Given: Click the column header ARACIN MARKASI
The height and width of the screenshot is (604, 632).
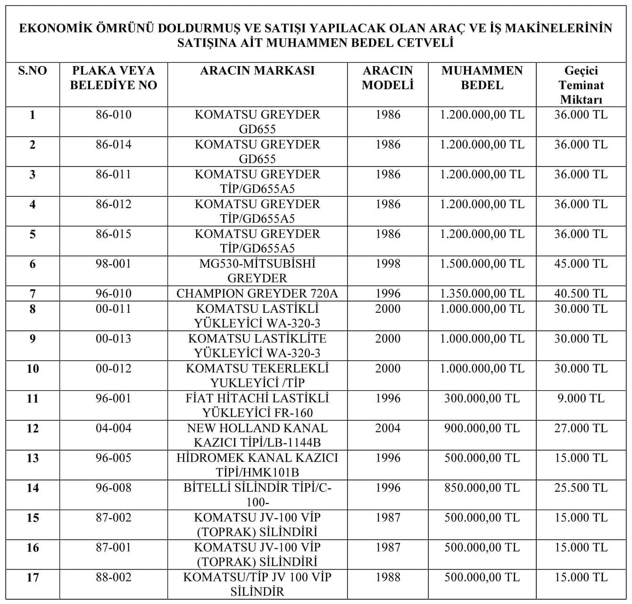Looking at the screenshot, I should [257, 71].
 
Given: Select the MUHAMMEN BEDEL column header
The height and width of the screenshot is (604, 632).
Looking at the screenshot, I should [482, 78].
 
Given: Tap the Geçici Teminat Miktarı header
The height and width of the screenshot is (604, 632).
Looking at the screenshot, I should [581, 85].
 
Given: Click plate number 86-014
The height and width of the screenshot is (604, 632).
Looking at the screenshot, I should [113, 144].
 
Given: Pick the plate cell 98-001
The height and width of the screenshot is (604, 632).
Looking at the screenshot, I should [113, 264].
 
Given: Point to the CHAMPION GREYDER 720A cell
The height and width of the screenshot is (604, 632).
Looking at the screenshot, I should [257, 294].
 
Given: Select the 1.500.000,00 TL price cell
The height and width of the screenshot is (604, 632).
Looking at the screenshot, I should [482, 264].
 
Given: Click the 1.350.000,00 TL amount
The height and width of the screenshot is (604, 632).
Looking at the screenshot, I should [482, 294].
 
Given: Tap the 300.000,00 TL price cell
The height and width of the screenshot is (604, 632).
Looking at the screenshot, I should [482, 398].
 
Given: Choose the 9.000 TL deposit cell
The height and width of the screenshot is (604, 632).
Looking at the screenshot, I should [581, 398].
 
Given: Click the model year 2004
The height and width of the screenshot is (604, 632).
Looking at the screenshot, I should [388, 428].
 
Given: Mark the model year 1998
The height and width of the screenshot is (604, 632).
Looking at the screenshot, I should [388, 264].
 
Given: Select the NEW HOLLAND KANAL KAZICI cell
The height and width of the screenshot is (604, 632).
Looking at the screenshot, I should [257, 435].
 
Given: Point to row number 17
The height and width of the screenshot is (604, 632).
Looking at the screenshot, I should [33, 577].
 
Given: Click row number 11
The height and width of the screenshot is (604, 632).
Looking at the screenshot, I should [33, 398].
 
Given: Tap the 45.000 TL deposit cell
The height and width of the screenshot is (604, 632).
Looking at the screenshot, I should [581, 264].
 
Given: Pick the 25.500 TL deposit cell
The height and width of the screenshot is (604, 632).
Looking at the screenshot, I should [581, 487].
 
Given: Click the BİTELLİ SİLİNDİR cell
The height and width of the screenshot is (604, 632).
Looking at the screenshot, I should [257, 495].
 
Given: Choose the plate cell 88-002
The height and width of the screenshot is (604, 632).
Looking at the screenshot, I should [113, 577].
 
